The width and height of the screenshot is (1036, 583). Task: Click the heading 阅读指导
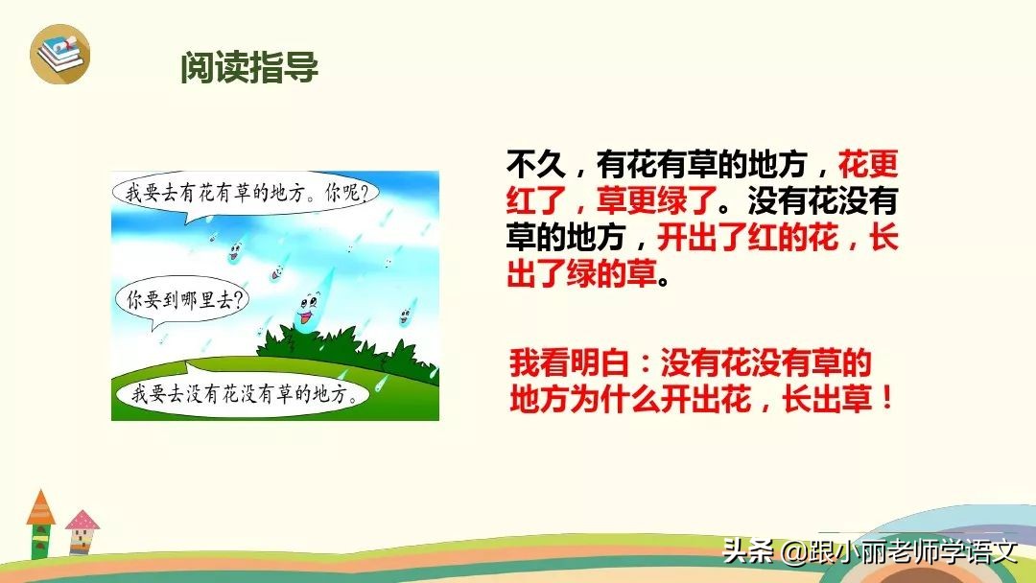tap(249, 69)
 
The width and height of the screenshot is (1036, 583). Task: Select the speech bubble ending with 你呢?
tap(245, 192)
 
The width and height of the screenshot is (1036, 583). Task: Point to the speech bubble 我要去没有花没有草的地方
tap(240, 392)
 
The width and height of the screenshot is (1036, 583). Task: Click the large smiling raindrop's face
tap(307, 309)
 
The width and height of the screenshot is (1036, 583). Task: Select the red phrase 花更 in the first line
tap(868, 166)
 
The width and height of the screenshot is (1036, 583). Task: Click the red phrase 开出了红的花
tap(748, 239)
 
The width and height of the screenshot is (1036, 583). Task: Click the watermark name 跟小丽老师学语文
tap(911, 552)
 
